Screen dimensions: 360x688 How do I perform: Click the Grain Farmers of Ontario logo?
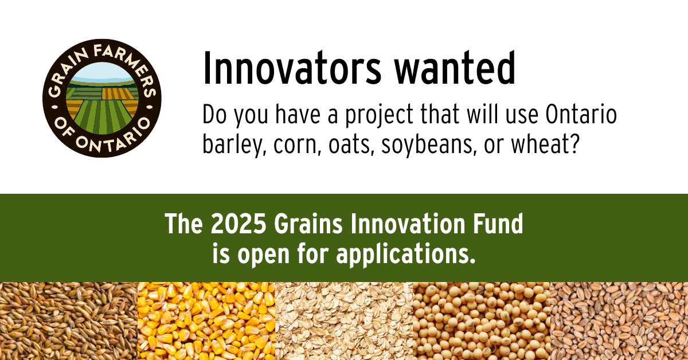(x=102, y=99)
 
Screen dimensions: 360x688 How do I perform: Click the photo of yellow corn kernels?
(x=206, y=321)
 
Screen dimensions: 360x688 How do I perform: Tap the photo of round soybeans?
(x=482, y=321)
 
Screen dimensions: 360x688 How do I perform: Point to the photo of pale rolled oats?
(x=344, y=321)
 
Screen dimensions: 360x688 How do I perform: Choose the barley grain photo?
(x=69, y=321)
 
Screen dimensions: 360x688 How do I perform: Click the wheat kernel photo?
(x=619, y=321)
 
